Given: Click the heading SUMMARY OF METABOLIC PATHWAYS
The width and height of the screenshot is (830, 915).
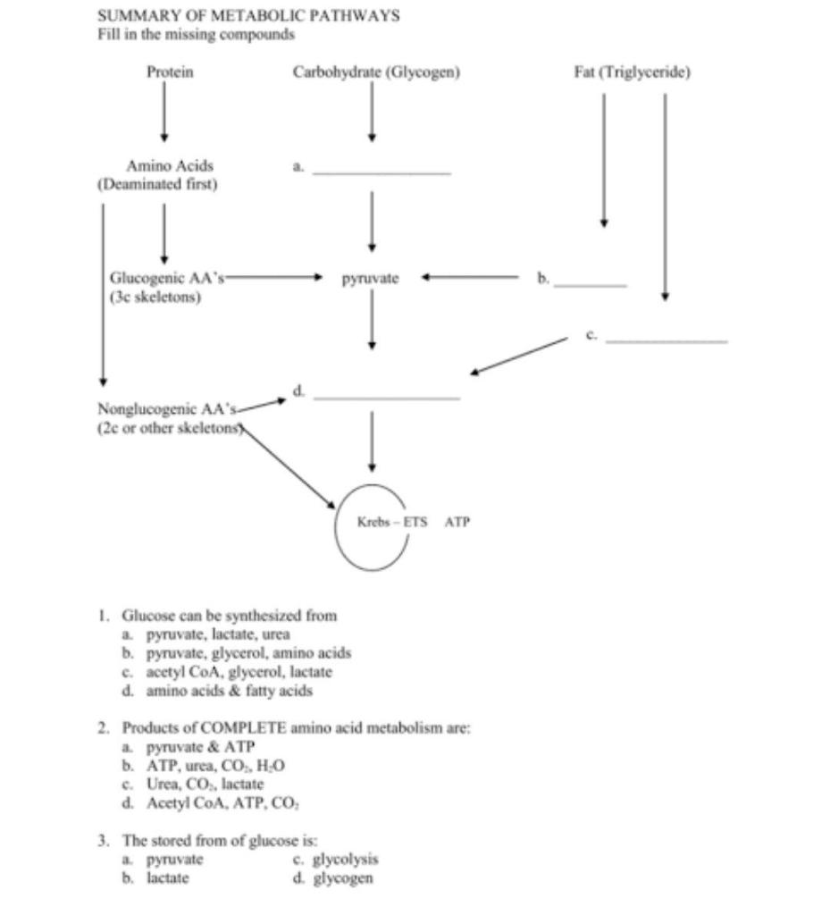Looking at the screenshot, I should coord(247,16).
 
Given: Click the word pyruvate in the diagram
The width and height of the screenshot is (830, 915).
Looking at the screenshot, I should coord(369,280).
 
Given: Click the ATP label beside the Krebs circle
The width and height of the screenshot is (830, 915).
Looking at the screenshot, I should coord(457,520).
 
